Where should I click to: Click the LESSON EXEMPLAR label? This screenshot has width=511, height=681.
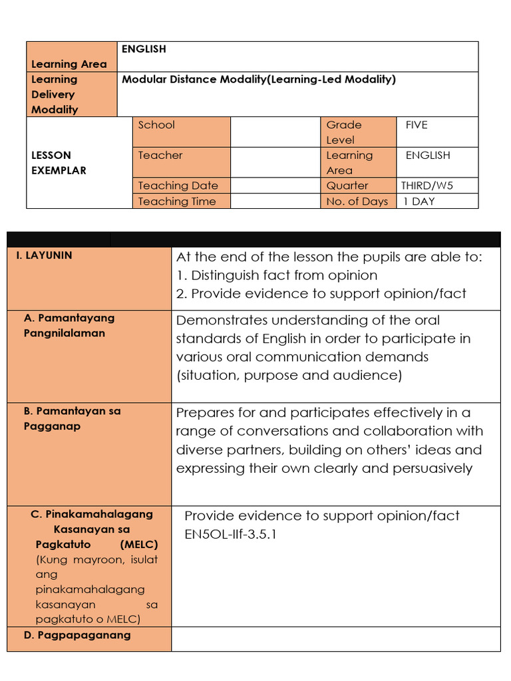coord(59,162)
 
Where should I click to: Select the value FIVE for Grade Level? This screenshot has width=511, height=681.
coord(417,124)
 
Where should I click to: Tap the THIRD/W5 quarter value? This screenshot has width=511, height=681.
coord(426,186)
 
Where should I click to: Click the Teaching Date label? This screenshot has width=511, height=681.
coord(178,186)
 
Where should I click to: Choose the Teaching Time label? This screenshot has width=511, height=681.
coord(177,201)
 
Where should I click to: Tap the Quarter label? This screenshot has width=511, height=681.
coord(347,186)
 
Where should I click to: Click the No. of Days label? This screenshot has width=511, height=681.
coord(357,201)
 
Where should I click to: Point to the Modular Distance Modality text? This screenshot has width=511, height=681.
coord(258,79)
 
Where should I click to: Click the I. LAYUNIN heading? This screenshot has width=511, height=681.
coord(48,255)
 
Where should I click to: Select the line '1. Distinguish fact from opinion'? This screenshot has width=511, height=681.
coord(277,275)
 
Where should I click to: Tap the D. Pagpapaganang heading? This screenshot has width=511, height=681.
coord(77,634)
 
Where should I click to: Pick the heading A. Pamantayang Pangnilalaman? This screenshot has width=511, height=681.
coord(69,325)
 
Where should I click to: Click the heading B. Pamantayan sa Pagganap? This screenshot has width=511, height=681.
coord(72,418)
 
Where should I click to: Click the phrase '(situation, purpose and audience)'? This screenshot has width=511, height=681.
coord(289,375)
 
